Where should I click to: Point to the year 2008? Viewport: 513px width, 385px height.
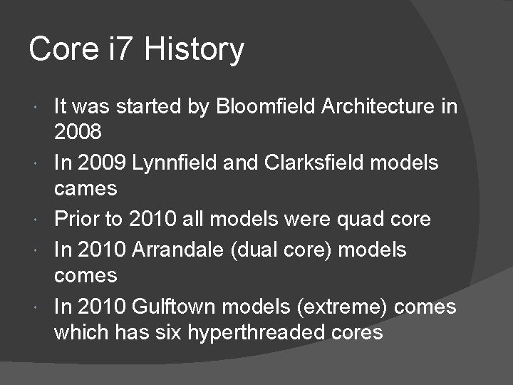[78, 133]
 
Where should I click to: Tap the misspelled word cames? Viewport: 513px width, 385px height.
[85, 188]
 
